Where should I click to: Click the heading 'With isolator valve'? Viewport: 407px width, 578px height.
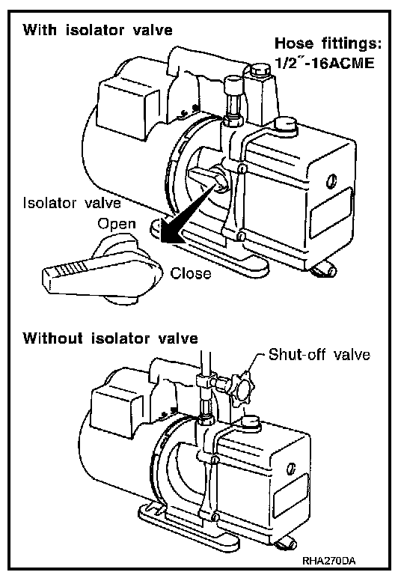[97, 30]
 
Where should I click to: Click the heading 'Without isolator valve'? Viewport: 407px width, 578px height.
[111, 338]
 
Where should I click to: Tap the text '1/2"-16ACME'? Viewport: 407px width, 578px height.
[325, 63]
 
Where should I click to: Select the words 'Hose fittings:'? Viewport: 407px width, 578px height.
[328, 43]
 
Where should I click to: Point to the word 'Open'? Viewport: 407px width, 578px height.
[117, 224]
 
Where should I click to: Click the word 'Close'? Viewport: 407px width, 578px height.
[191, 273]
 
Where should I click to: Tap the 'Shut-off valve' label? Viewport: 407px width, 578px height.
[319, 355]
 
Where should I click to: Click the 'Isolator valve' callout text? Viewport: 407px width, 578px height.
[72, 203]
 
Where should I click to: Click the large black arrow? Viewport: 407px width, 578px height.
[186, 215]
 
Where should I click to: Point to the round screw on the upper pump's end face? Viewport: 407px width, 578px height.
[331, 181]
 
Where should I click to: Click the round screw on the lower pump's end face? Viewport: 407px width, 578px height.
[291, 469]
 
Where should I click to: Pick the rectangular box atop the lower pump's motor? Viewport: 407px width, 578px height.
[116, 412]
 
